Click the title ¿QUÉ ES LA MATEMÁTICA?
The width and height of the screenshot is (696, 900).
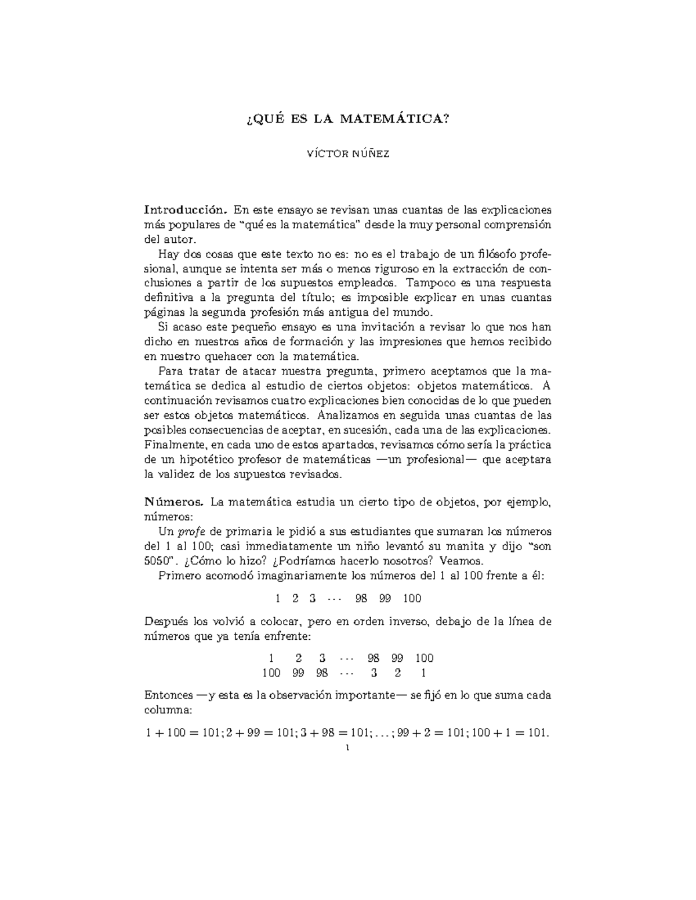point(347,119)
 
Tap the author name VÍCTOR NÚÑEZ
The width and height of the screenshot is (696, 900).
point(347,154)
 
